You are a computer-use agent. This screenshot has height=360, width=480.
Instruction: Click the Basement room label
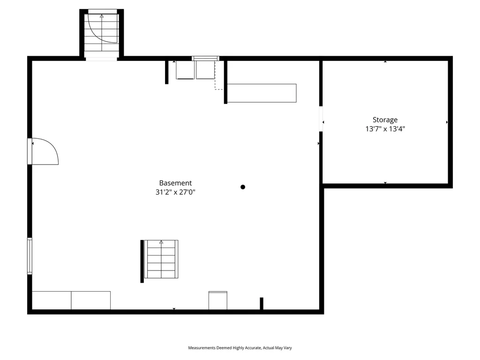pos(175,183)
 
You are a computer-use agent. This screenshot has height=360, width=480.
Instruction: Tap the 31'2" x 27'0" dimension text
pos(175,192)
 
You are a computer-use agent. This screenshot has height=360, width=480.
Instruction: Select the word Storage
pos(385,120)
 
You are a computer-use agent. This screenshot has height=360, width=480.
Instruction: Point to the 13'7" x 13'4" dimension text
pos(385,129)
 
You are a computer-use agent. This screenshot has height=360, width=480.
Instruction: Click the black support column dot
pos(243,187)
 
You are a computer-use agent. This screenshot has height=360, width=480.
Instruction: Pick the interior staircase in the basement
pos(161,259)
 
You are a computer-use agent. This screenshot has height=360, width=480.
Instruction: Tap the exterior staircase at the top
pos(101,33)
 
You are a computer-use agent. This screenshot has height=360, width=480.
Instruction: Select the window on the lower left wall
pos(30,256)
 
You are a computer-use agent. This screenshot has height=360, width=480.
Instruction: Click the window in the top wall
pos(205,59)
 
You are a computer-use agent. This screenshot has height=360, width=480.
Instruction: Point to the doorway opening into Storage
pos(321,119)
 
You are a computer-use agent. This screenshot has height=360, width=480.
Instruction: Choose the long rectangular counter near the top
pos(262,93)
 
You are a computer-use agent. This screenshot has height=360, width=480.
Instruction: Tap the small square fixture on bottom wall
pos(217,300)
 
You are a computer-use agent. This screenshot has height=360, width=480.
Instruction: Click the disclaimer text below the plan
pos(240,348)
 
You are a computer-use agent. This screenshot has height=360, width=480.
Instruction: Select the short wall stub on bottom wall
pos(262,303)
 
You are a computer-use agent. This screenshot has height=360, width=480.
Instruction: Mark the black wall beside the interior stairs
pos(142,261)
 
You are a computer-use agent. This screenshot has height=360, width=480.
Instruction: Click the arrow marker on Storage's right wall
pos(447,122)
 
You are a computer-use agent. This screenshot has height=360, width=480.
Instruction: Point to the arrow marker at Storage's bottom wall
pos(385,183)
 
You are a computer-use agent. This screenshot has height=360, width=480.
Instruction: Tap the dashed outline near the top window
pos(217,77)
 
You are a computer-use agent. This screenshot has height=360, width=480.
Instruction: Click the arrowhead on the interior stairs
pos(161,242)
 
